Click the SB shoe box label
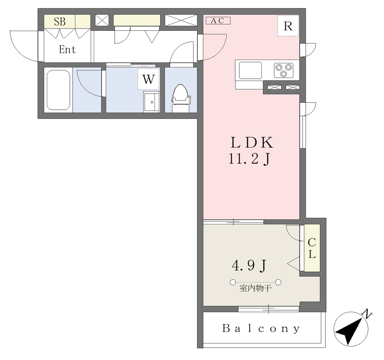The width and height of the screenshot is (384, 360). [60, 21]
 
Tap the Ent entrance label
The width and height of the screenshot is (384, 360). [67, 49]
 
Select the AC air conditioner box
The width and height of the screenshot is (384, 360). [218, 21]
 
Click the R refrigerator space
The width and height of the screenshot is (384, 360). [288, 26]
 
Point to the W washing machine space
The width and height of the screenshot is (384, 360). [148, 79]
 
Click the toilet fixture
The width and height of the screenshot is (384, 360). [181, 98]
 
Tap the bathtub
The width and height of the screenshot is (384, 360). [58, 90]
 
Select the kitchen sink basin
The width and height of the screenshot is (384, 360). [250, 70]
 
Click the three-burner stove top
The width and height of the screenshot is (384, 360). [283, 70]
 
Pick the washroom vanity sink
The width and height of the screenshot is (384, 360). [151, 102]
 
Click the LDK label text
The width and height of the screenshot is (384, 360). [252, 143]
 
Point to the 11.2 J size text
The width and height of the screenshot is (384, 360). [249, 159]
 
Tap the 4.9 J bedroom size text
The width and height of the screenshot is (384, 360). [249, 266]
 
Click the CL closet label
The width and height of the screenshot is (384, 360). [312, 248]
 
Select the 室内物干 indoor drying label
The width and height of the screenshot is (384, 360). [255, 288]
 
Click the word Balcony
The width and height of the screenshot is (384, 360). [261, 329]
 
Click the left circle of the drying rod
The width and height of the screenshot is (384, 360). [232, 282]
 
